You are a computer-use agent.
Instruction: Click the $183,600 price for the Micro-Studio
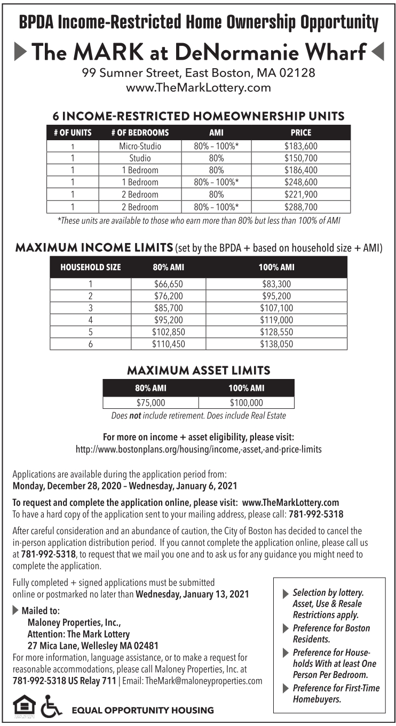[301, 146]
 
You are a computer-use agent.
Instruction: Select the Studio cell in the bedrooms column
[140, 158]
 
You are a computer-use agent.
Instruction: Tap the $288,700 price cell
[301, 207]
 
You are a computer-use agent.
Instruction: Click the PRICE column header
[301, 132]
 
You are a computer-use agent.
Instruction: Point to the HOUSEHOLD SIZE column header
[91, 267]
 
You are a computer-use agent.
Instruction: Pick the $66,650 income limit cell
[169, 284]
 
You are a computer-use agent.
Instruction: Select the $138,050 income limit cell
[276, 344]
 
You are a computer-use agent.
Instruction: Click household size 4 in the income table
[91, 320]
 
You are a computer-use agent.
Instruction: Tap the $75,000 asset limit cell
[151, 403]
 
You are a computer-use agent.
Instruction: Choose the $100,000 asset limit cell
[246, 403]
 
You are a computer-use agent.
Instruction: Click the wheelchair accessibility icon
[52, 705]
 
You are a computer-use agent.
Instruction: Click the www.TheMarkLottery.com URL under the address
[198, 87]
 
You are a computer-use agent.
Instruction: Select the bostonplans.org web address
[199, 449]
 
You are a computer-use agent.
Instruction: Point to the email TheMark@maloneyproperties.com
[204, 681]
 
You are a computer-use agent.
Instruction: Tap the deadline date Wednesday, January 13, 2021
[193, 594]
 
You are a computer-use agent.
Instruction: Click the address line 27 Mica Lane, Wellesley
[85, 645]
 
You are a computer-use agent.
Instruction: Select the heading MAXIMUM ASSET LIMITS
[198, 370]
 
